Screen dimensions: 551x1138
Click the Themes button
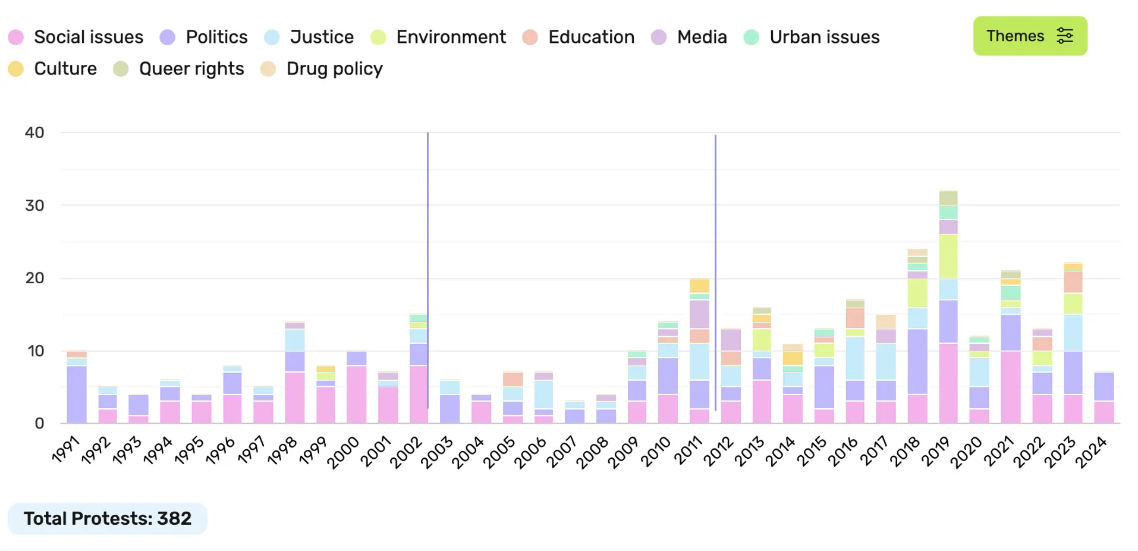point(1029,36)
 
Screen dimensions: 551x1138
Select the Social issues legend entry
point(76,37)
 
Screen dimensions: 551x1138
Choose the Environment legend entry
point(438,37)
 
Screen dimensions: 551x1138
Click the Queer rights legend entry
point(179,69)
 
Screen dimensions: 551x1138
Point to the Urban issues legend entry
point(812,37)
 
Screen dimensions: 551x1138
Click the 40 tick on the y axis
point(34,133)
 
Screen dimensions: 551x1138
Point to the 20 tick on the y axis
point(34,278)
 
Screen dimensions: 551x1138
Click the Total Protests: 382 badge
point(108,518)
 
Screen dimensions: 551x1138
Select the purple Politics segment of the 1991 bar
point(77,394)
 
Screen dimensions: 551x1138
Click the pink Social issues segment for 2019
point(948,383)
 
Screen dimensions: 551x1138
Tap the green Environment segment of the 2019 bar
point(948,256)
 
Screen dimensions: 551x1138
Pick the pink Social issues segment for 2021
point(1011,387)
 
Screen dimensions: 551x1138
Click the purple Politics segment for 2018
point(917,362)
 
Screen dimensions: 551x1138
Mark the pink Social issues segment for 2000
point(356,394)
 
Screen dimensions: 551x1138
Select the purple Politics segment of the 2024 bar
point(1104,387)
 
